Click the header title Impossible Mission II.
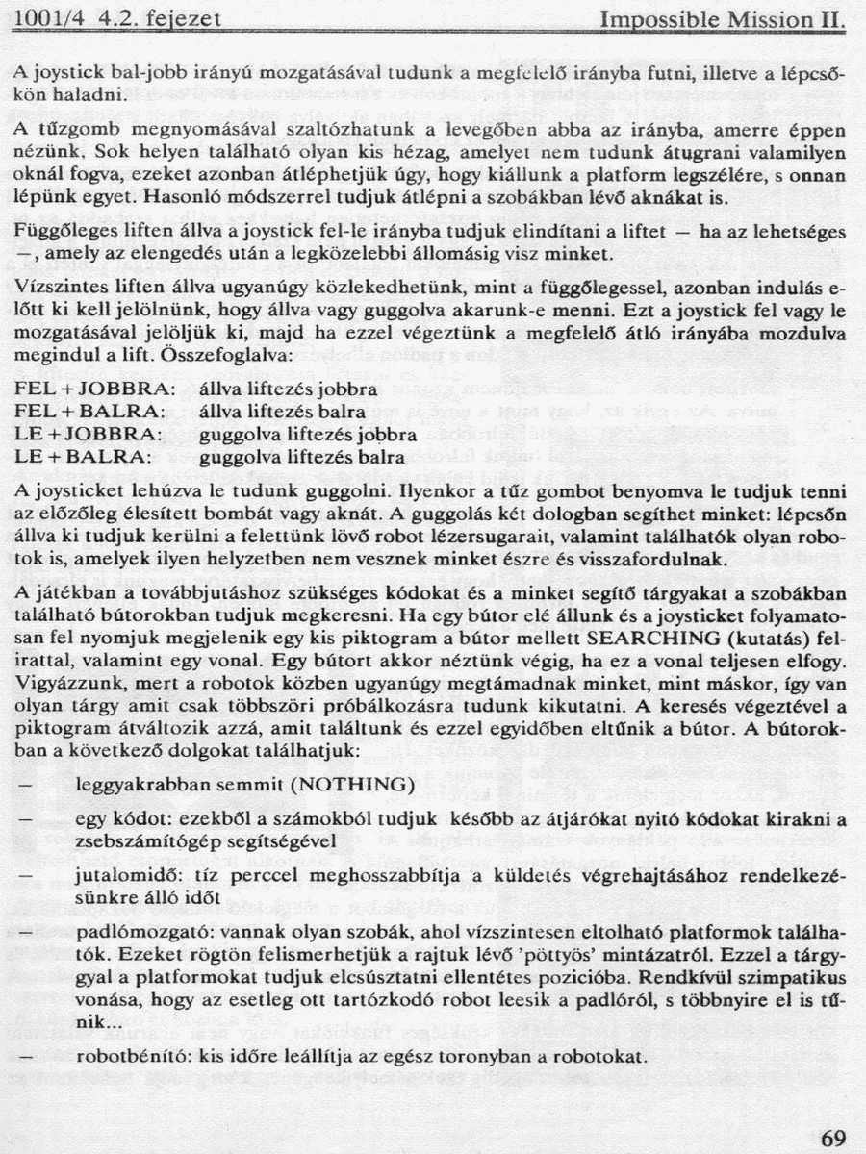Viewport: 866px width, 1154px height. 722,18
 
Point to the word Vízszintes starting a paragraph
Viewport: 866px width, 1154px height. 60,287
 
